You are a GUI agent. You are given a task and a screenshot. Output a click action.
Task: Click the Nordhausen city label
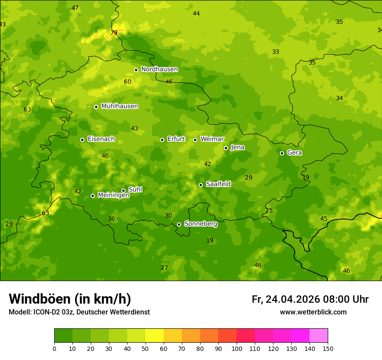(159, 69)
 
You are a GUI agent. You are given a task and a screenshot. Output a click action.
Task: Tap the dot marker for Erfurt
(162, 140)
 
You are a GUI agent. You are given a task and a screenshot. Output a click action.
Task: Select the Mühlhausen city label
(119, 106)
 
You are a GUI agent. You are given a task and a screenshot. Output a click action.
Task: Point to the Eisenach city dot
(82, 140)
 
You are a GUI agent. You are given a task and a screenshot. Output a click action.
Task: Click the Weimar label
(212, 139)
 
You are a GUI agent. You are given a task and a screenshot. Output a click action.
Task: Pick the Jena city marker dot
(226, 148)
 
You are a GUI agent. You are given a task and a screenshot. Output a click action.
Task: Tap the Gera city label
(294, 153)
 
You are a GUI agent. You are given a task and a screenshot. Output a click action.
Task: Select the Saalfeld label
(218, 184)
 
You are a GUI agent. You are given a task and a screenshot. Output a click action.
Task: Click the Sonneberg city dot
(179, 224)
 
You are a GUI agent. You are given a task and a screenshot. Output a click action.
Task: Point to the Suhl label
(135, 190)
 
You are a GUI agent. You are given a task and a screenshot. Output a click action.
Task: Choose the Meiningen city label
(113, 195)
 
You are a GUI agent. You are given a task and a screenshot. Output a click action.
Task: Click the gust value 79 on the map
(114, 33)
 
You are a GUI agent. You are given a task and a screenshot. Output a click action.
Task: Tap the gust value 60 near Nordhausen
(127, 82)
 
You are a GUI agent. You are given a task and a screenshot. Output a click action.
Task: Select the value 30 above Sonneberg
(168, 216)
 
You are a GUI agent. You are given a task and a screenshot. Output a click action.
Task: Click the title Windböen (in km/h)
(70, 299)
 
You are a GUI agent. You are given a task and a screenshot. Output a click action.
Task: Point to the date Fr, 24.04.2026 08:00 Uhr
(310, 299)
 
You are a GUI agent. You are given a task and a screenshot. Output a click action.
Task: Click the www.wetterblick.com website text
(313, 312)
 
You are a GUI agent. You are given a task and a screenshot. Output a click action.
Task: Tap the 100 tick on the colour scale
(237, 348)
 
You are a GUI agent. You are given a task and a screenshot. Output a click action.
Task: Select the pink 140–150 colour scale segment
(319, 335)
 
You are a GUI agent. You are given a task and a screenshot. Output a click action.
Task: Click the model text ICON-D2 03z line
(79, 312)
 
